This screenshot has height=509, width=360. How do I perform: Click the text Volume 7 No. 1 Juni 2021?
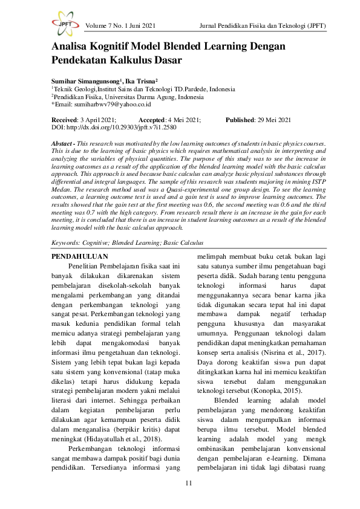pos(121,25)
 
